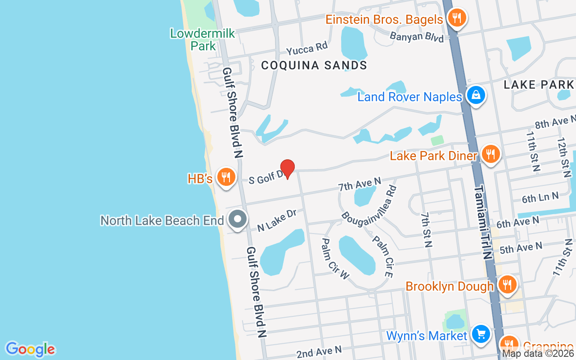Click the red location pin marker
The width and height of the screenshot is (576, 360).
(x=288, y=169)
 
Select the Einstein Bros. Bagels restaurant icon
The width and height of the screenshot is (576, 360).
(x=457, y=18)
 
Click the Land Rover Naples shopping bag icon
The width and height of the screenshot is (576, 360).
(x=475, y=95)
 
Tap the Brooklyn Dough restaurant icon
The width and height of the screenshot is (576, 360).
(x=507, y=285)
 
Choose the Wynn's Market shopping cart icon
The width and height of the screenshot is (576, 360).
(x=481, y=334)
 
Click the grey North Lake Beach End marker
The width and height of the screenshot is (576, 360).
(x=238, y=219)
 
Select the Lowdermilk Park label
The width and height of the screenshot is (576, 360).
(x=202, y=39)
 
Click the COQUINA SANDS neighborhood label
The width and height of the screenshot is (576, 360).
(x=314, y=65)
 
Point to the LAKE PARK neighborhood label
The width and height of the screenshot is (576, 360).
(x=539, y=85)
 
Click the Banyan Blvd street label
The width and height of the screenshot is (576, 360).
(x=417, y=36)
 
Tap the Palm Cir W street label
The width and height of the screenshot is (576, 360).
(x=335, y=258)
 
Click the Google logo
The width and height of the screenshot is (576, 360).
(x=30, y=349)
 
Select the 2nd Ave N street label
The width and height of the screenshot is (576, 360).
(x=319, y=351)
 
